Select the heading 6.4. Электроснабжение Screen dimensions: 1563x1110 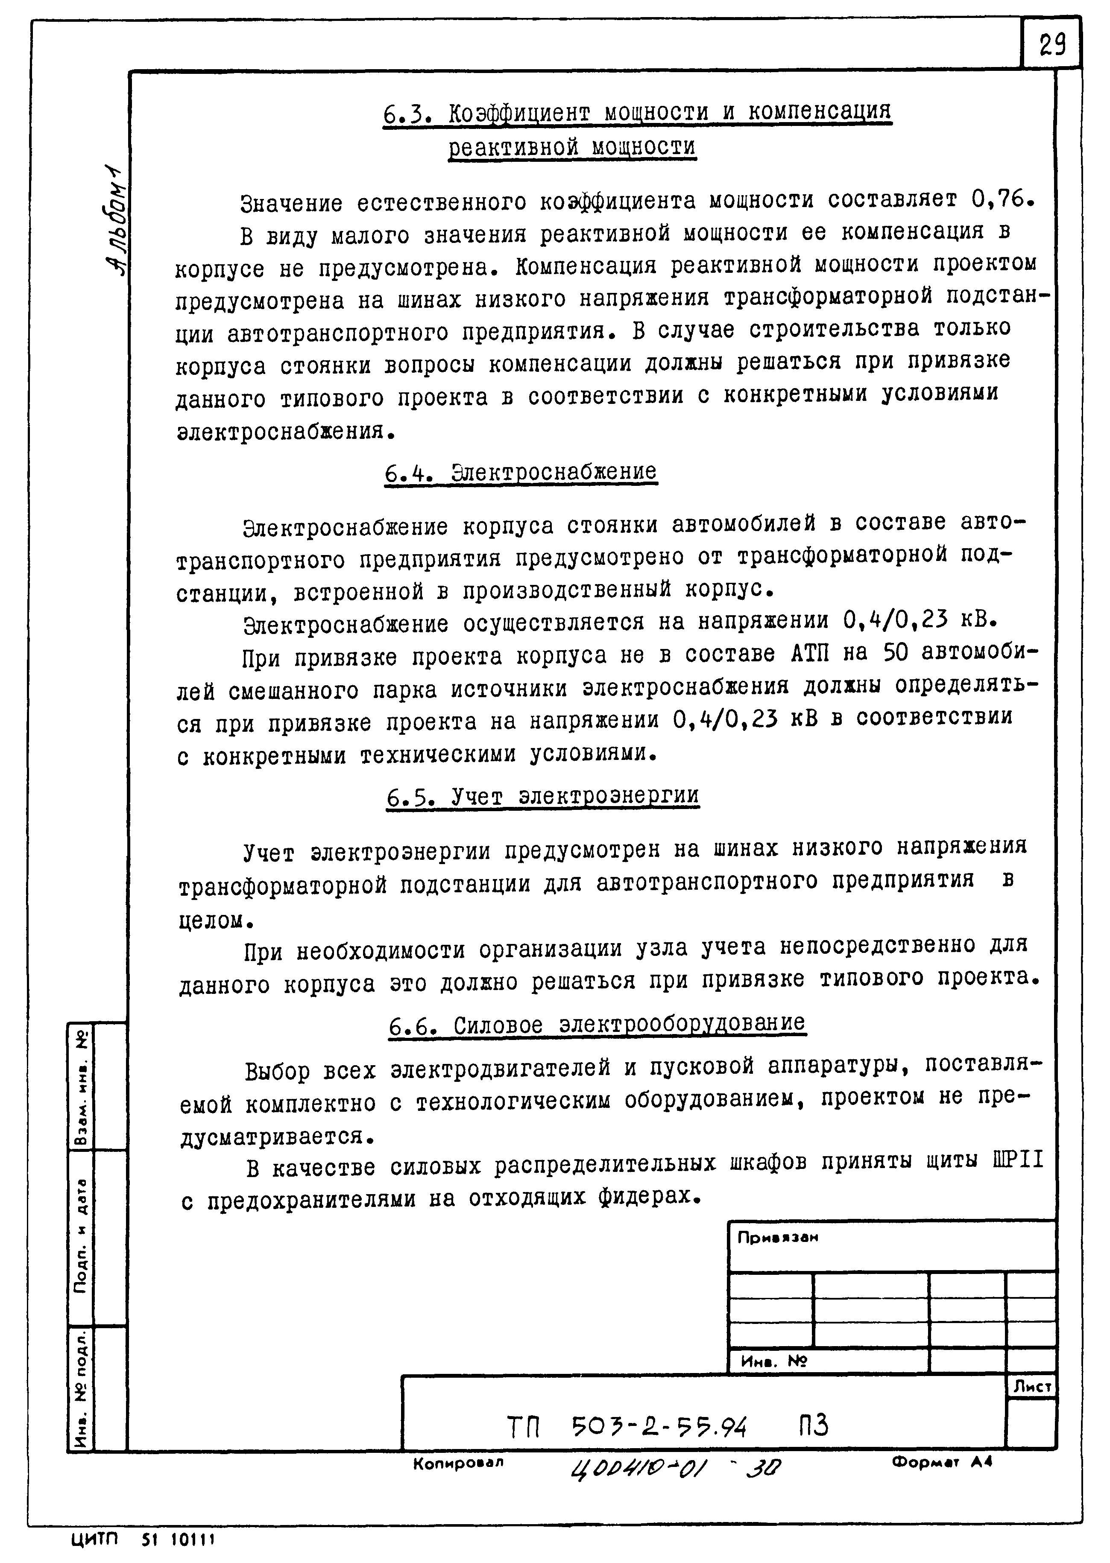click(x=520, y=473)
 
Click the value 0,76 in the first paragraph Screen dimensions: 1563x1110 click(x=998, y=199)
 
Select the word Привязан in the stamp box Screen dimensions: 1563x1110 click(x=777, y=1238)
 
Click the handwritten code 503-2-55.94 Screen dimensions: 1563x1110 click(x=658, y=1428)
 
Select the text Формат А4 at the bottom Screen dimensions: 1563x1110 click(x=941, y=1462)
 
